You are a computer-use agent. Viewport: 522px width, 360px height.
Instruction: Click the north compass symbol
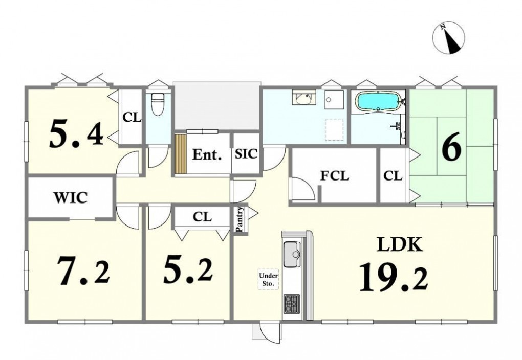pos(448,38)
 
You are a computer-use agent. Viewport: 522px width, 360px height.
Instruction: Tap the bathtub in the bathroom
pos(377,100)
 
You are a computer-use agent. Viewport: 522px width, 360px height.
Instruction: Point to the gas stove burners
pos(292,304)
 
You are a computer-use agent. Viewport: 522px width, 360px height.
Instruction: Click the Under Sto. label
pos(268,280)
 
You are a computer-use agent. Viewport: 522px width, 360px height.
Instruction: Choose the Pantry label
pos(240,219)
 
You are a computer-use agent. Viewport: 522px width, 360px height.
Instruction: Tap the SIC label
pos(246,154)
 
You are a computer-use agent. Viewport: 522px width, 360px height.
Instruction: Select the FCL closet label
pos(335,176)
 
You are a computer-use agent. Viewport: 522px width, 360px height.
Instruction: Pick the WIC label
pos(71,197)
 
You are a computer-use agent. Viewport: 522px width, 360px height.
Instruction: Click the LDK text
pos(400,244)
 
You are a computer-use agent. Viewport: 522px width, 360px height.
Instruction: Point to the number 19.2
pos(394,278)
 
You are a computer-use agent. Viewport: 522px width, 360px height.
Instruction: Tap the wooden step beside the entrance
pos(181,154)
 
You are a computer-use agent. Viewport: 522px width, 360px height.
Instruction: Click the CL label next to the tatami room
pos(393,176)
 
